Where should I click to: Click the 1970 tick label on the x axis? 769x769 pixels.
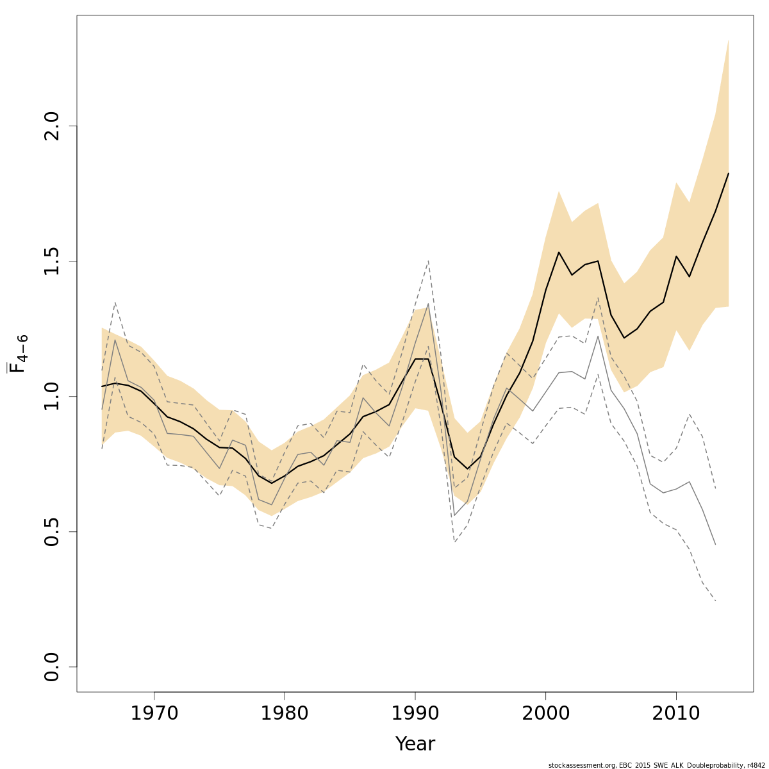[x=154, y=713]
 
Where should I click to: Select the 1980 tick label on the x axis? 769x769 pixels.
[x=285, y=713]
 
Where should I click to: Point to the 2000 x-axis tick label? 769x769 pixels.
[x=545, y=713]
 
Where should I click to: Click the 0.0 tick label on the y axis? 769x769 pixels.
[x=52, y=666]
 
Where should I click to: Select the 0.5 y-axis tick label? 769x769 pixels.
[x=52, y=531]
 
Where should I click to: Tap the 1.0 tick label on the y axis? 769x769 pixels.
[x=52, y=396]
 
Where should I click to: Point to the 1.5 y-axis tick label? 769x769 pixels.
[x=52, y=261]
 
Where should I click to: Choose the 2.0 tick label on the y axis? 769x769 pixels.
[x=52, y=126]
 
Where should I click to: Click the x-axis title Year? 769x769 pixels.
[x=415, y=744]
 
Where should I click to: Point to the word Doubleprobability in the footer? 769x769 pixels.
[x=709, y=765]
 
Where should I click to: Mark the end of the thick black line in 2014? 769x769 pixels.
[x=728, y=174]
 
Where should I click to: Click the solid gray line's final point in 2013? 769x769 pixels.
[x=715, y=545]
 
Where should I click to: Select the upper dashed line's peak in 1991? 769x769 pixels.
[x=428, y=260]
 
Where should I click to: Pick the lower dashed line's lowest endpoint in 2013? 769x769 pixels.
[x=715, y=601]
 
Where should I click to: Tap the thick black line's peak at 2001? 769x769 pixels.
[x=559, y=252]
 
